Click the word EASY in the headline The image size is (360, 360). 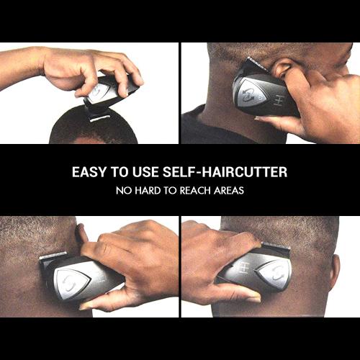89,173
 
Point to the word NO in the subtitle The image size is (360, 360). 122,192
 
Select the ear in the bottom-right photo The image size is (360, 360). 333,270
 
